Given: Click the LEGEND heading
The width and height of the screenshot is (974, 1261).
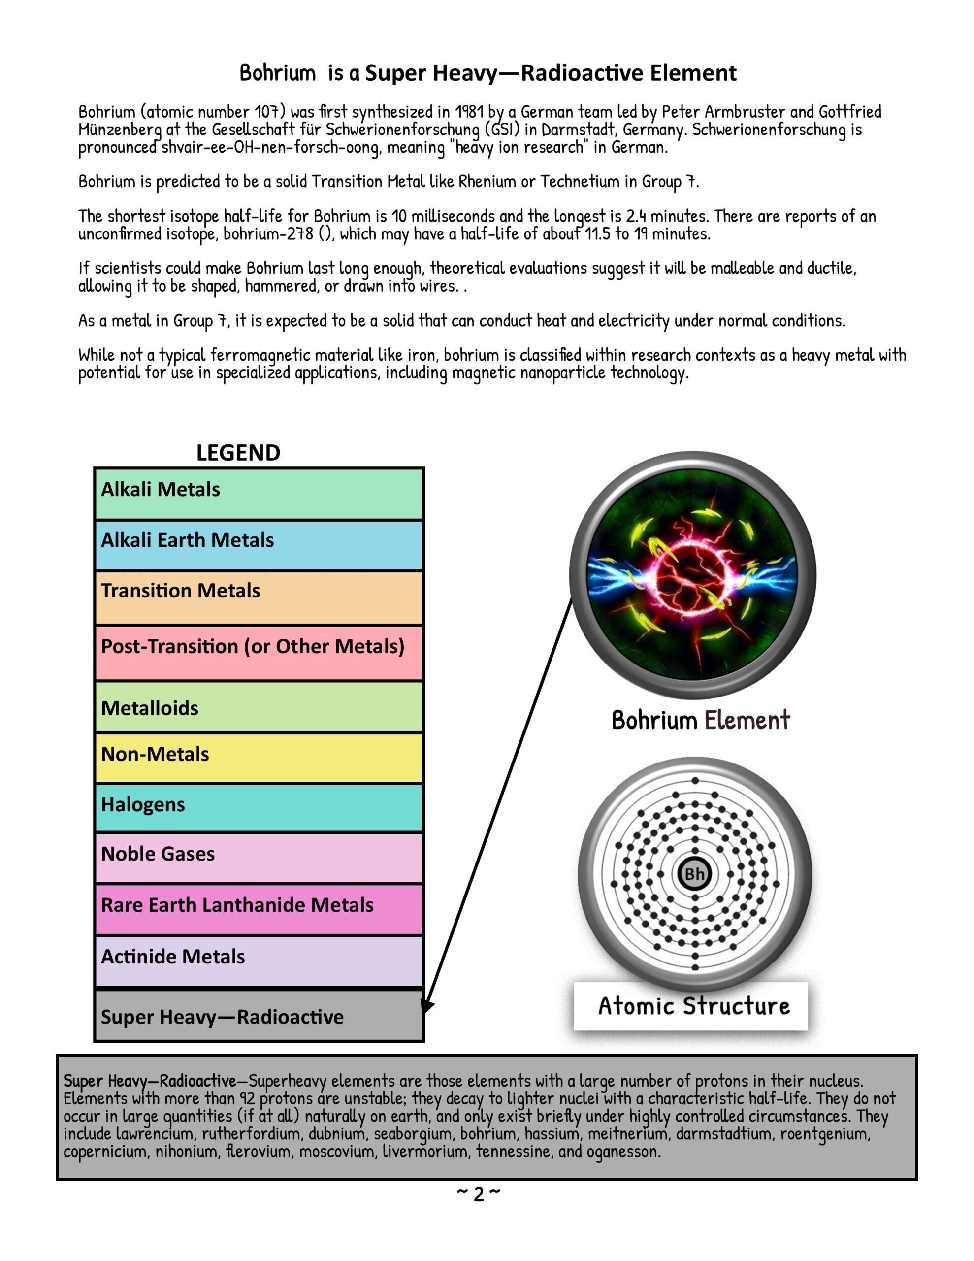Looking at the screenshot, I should (x=238, y=453).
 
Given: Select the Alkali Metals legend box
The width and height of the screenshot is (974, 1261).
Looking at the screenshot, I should (x=259, y=494).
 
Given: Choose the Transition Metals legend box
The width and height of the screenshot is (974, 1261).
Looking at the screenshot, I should (x=259, y=597).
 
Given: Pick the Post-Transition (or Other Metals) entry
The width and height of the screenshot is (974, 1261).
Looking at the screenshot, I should (x=259, y=653).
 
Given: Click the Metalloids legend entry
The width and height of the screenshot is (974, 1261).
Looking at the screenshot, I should (x=259, y=707).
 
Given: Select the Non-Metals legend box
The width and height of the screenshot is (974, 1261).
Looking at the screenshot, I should (x=259, y=757).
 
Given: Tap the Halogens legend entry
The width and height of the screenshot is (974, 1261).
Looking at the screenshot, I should (x=259, y=807).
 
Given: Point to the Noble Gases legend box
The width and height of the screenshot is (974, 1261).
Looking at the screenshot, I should (x=259, y=858).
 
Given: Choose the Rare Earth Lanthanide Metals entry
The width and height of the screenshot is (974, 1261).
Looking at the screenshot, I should (x=259, y=909).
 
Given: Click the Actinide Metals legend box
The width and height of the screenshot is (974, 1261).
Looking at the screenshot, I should (x=259, y=960).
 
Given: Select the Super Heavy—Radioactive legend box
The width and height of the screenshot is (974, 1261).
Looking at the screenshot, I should (x=259, y=1016).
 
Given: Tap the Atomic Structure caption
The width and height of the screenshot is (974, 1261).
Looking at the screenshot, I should (x=693, y=1006).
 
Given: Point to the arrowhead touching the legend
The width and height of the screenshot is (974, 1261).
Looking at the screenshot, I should (x=427, y=1005).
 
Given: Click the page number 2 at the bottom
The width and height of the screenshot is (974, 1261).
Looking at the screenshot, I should (x=479, y=1194).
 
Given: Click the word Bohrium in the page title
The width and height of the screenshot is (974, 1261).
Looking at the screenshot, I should (x=278, y=73).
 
